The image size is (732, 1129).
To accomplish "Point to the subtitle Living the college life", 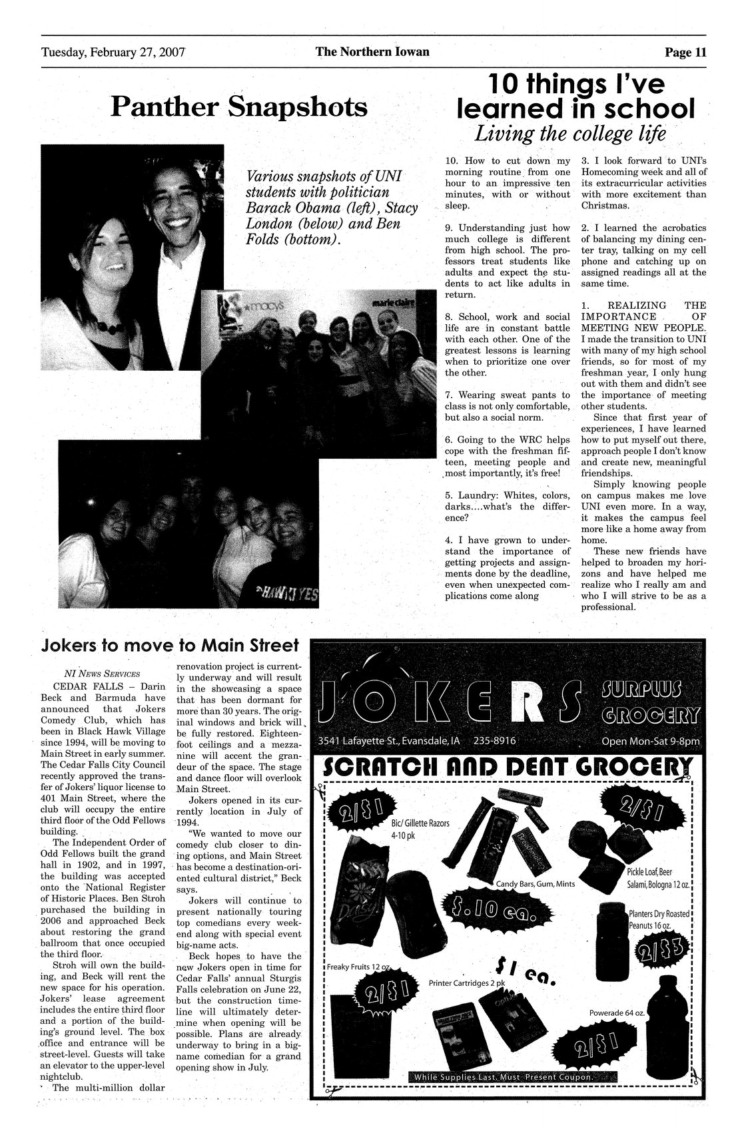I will click(569, 133).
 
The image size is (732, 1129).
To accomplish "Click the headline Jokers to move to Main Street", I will click(170, 646).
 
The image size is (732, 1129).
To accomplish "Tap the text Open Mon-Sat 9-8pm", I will click(649, 742).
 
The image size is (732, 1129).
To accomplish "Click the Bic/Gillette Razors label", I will click(421, 829).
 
